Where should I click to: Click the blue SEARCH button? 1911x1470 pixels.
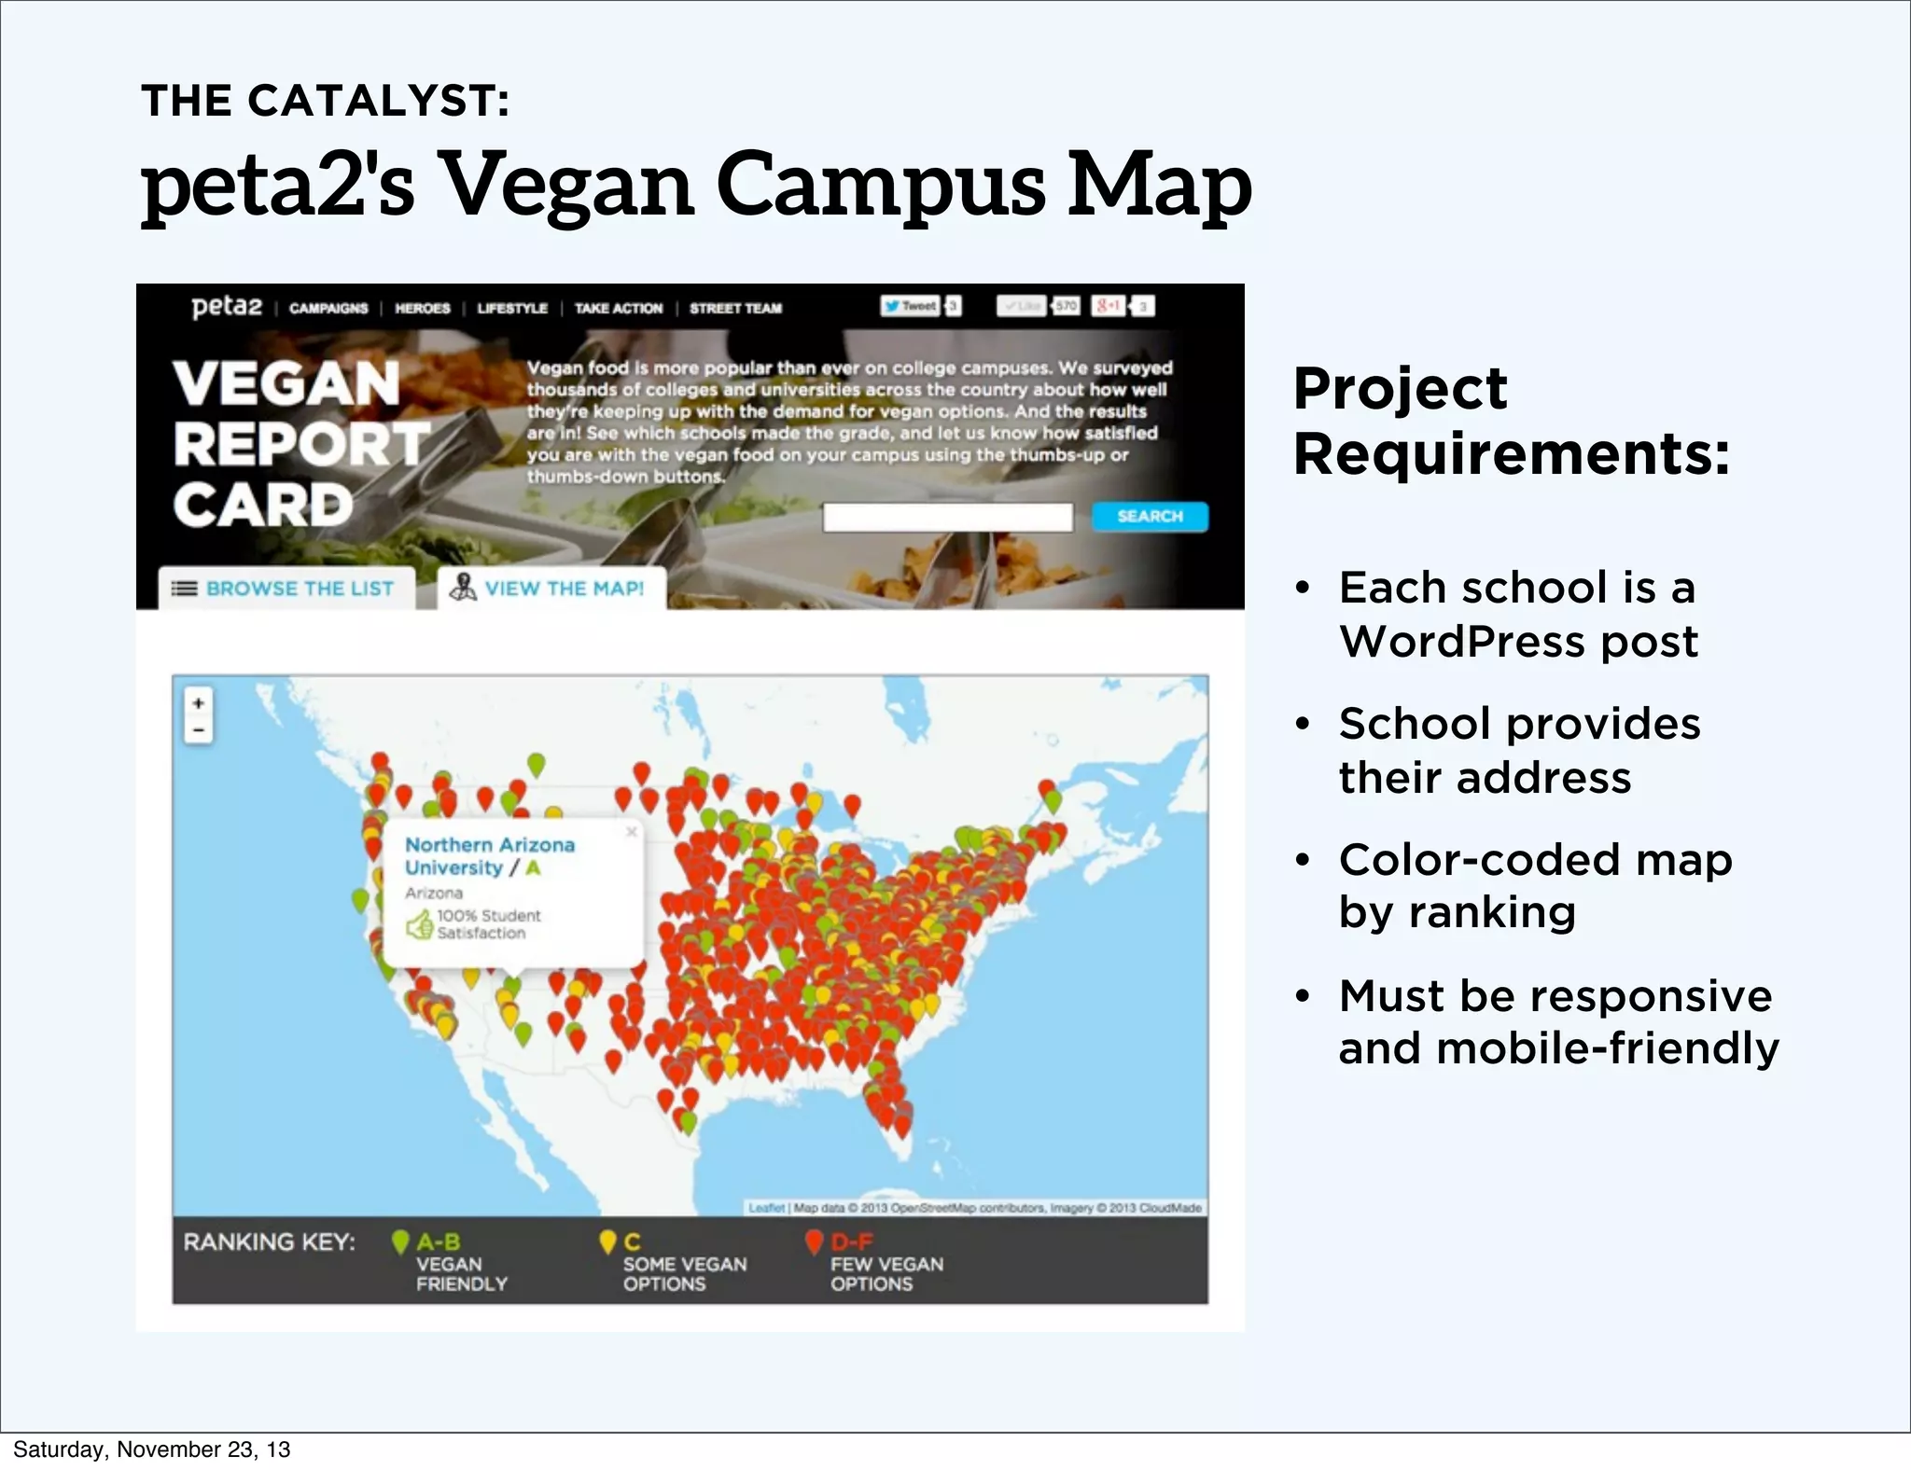1150,517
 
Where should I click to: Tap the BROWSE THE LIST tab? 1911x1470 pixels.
286,589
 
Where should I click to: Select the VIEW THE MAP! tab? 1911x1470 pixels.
551,589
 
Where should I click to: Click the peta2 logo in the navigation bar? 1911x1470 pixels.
227,307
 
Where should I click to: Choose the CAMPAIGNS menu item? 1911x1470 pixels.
328,308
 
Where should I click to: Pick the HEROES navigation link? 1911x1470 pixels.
422,308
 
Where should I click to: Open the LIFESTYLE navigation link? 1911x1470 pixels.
512,308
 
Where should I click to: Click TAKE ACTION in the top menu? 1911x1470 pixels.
618,308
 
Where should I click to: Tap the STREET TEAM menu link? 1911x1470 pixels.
735,308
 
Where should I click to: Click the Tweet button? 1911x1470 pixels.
911,306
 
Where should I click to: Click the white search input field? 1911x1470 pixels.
947,518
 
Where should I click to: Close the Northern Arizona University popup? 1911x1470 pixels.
632,832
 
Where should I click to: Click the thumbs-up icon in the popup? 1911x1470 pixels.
419,925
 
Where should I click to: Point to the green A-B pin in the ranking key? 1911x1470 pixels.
400,1242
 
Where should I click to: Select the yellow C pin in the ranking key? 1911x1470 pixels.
607,1242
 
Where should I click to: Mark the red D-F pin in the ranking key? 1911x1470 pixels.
814,1242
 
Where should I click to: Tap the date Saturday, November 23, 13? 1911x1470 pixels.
151,1449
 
